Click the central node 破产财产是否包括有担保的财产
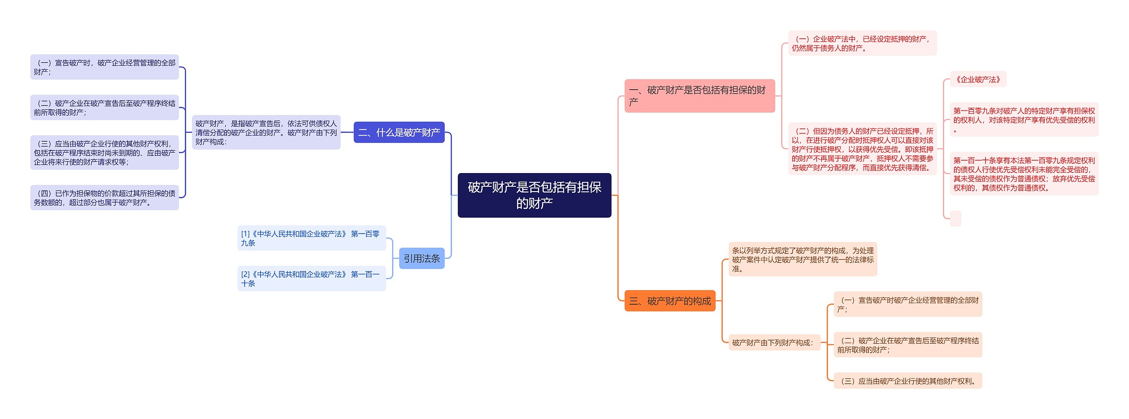(x=534, y=195)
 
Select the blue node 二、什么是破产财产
(x=399, y=132)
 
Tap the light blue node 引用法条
(x=422, y=258)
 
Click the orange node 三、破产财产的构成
(x=669, y=301)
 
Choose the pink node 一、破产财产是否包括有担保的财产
(x=699, y=96)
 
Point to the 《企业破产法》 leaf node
(x=978, y=79)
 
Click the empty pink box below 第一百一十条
(x=955, y=219)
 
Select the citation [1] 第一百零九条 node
(x=311, y=238)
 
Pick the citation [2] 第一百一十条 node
(x=311, y=279)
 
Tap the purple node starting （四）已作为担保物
(x=105, y=198)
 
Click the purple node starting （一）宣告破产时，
(x=105, y=67)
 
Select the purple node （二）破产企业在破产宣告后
(x=105, y=108)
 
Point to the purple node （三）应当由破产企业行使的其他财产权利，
(x=105, y=153)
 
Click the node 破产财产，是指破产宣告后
(x=266, y=132)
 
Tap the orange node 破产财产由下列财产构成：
(x=774, y=343)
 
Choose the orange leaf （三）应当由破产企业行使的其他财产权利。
(x=908, y=381)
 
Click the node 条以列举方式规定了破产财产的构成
(x=802, y=260)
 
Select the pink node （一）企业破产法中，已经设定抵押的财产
(x=862, y=43)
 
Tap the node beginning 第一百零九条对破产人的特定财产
(x=1024, y=120)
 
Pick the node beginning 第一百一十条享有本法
(x=1024, y=174)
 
